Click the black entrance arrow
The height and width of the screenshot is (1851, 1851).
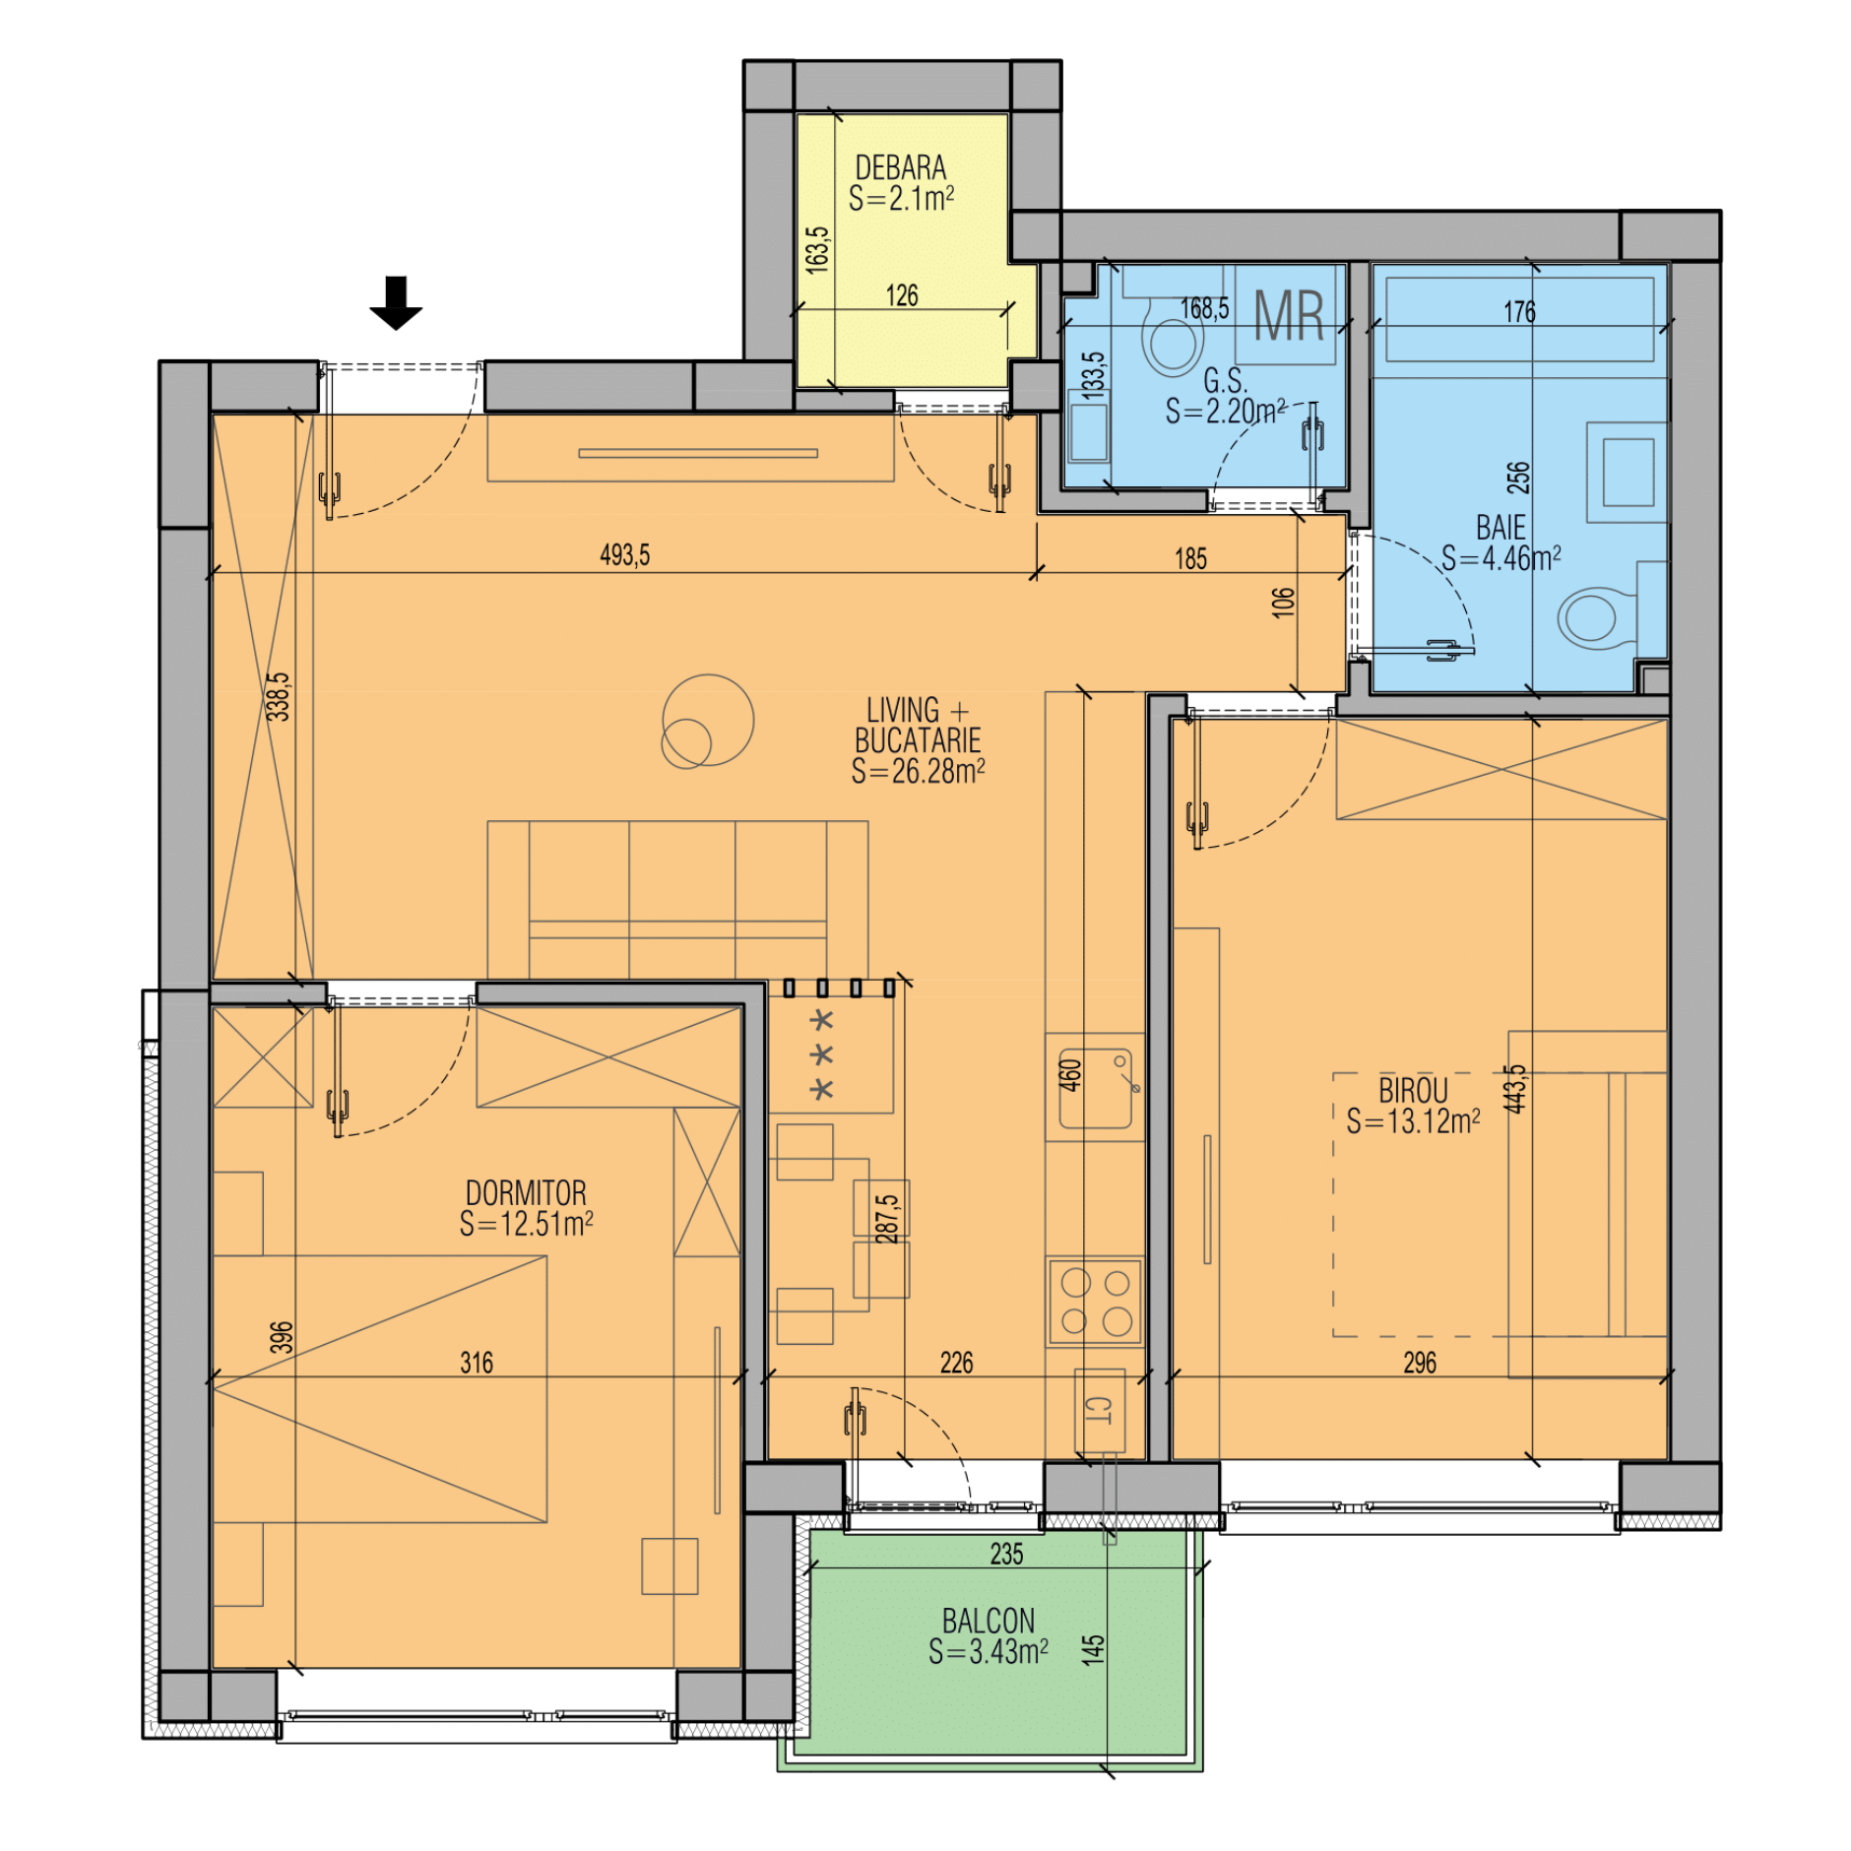pyautogui.click(x=396, y=302)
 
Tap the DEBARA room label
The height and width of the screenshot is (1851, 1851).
pyautogui.click(x=900, y=167)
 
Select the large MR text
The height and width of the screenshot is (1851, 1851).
pyautogui.click(x=1288, y=315)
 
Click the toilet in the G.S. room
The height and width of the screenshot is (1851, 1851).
pyautogui.click(x=1172, y=337)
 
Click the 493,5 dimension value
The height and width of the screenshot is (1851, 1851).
pyautogui.click(x=625, y=555)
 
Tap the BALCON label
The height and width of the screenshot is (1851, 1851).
pyautogui.click(x=988, y=1621)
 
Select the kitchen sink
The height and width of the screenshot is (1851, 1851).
pyautogui.click(x=1095, y=1087)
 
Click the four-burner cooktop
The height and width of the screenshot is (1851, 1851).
pyautogui.click(x=1095, y=1301)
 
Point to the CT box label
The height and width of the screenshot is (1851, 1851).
pyautogui.click(x=1098, y=1410)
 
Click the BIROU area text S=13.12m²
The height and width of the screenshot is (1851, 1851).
pyautogui.click(x=1413, y=1121)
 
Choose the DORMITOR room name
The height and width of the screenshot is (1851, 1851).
pyautogui.click(x=526, y=1192)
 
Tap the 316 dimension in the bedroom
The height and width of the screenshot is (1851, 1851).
pyautogui.click(x=477, y=1363)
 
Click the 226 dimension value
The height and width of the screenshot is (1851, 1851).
pyautogui.click(x=956, y=1363)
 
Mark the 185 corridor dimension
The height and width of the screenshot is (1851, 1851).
pyautogui.click(x=1190, y=559)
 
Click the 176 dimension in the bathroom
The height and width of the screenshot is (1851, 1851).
pyautogui.click(x=1519, y=312)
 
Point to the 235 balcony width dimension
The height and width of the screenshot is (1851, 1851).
pyautogui.click(x=1006, y=1554)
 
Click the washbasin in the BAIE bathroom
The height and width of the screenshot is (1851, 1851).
pyautogui.click(x=1627, y=473)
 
